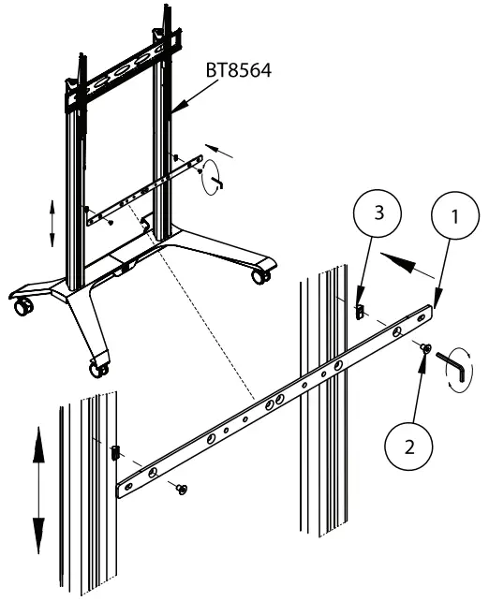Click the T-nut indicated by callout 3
[x=359, y=309]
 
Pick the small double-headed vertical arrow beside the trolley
[x=52, y=222]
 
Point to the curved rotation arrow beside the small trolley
[x=213, y=173]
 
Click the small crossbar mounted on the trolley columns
[x=141, y=192]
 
